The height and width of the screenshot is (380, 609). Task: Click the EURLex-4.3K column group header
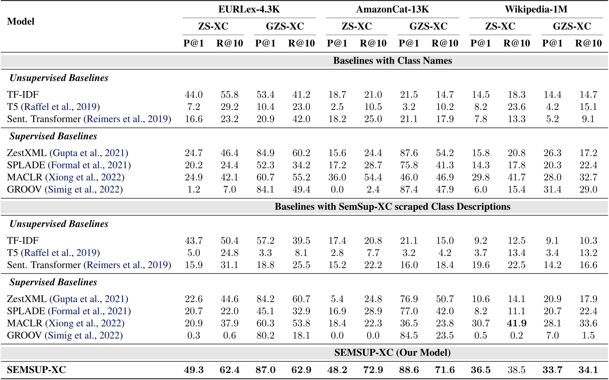tap(249, 9)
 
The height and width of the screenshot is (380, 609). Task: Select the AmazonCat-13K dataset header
tap(392, 9)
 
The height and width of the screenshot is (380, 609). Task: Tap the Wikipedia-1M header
tap(536, 9)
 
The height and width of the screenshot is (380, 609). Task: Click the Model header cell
tap(21, 21)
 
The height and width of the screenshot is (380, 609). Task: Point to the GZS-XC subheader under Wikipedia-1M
tap(572, 26)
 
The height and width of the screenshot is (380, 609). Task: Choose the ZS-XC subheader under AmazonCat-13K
tap(357, 26)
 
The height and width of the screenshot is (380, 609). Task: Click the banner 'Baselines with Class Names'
tap(392, 60)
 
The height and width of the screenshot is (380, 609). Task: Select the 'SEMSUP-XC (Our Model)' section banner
tap(392, 353)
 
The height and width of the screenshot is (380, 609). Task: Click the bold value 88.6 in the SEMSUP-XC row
tap(409, 370)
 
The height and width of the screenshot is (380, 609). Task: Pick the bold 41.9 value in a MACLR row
tap(517, 323)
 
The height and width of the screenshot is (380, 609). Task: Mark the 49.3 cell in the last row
tap(194, 370)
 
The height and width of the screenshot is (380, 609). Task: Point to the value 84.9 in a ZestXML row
tap(265, 153)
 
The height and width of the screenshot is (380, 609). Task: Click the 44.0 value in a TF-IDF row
tap(194, 95)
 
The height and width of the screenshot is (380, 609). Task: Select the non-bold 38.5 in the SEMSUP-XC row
tap(517, 370)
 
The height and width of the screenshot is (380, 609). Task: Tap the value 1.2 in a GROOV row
tap(194, 189)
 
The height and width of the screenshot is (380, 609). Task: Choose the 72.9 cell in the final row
tap(373, 370)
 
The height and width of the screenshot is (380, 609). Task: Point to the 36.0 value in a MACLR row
tap(337, 177)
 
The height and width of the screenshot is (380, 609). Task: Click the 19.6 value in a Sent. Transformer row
tap(480, 265)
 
